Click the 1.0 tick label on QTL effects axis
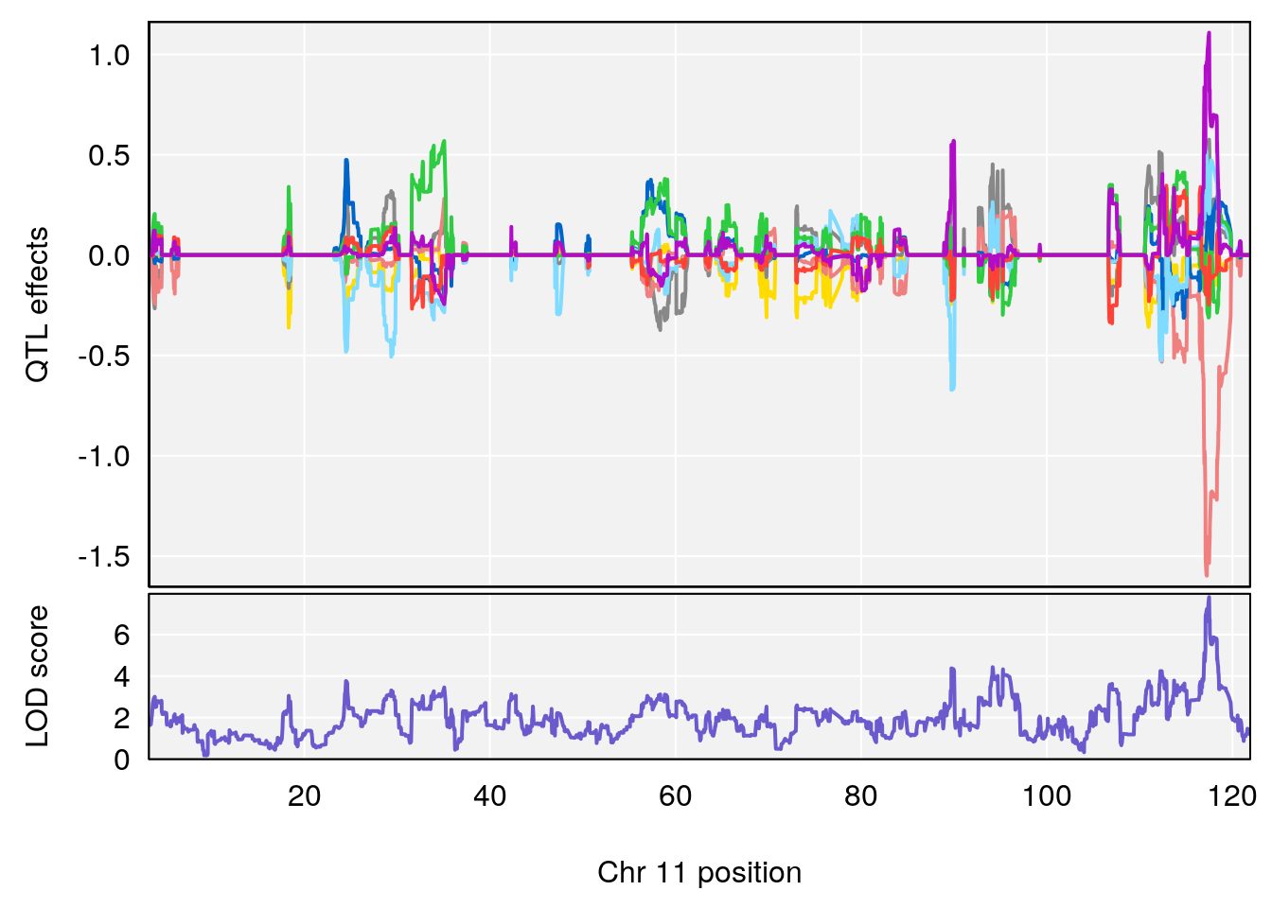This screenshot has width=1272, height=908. pyautogui.click(x=109, y=56)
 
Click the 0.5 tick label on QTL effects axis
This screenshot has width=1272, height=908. pyautogui.click(x=109, y=156)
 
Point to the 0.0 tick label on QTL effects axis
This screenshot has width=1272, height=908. pyautogui.click(x=109, y=256)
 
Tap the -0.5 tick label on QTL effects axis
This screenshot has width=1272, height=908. pyautogui.click(x=104, y=357)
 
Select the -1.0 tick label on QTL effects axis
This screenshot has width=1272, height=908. pyautogui.click(x=104, y=457)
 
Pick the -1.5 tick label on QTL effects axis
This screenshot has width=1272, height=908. pyautogui.click(x=104, y=557)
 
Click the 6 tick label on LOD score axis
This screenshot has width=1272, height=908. pyautogui.click(x=122, y=635)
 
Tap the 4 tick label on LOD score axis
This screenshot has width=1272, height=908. pyautogui.click(x=122, y=677)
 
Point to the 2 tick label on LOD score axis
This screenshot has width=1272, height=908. pyautogui.click(x=122, y=719)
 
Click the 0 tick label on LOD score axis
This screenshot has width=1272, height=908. pyautogui.click(x=122, y=760)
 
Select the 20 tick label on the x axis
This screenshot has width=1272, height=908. pyautogui.click(x=304, y=796)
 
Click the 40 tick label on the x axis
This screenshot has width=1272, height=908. pyautogui.click(x=489, y=796)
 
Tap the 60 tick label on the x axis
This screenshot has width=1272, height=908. pyautogui.click(x=675, y=796)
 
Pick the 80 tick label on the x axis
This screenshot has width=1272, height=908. pyautogui.click(x=860, y=796)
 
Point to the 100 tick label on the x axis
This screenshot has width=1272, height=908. pyautogui.click(x=1046, y=796)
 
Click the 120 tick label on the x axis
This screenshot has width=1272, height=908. pyautogui.click(x=1231, y=796)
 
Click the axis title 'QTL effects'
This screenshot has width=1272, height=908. pyautogui.click(x=37, y=305)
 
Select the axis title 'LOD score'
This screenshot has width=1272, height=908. pyautogui.click(x=37, y=676)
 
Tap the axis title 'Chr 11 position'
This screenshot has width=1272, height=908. pyautogui.click(x=699, y=872)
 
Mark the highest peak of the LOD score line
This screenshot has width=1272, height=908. pyautogui.click(x=1209, y=597)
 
